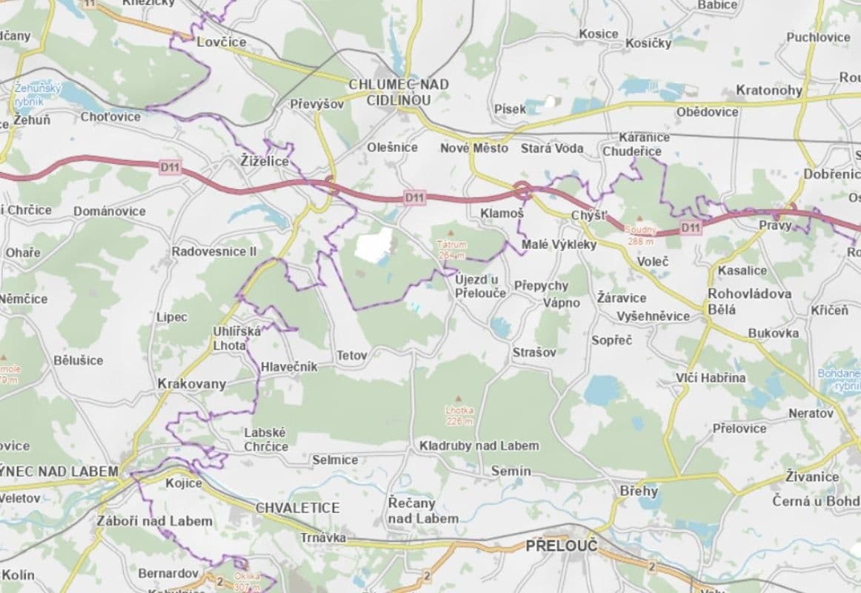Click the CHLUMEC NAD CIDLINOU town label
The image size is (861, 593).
399,92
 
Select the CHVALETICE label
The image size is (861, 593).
297,508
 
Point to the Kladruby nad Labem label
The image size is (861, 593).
479,445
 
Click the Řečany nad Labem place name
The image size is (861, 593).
423,511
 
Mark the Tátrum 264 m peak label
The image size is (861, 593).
451,249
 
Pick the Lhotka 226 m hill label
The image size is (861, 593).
459,415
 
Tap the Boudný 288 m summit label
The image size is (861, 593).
639,234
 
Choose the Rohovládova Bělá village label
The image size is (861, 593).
749,301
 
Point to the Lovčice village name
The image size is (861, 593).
221,42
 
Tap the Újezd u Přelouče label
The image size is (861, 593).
481,285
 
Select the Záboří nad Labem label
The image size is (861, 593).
154,521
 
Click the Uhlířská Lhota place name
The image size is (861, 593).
236,339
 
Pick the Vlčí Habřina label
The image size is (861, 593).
711,378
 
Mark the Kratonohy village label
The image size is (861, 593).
768,90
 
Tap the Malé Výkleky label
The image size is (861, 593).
559,245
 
